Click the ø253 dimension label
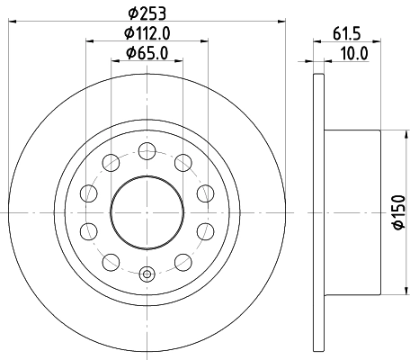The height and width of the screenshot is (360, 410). click(147, 13)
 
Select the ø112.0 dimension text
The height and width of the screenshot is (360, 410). click(147, 34)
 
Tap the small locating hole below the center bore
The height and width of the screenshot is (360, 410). click(146, 274)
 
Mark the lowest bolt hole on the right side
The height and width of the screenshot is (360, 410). click(183, 261)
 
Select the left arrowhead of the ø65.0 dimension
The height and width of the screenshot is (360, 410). click(114, 61)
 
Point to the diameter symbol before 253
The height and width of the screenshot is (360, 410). click(131, 13)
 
